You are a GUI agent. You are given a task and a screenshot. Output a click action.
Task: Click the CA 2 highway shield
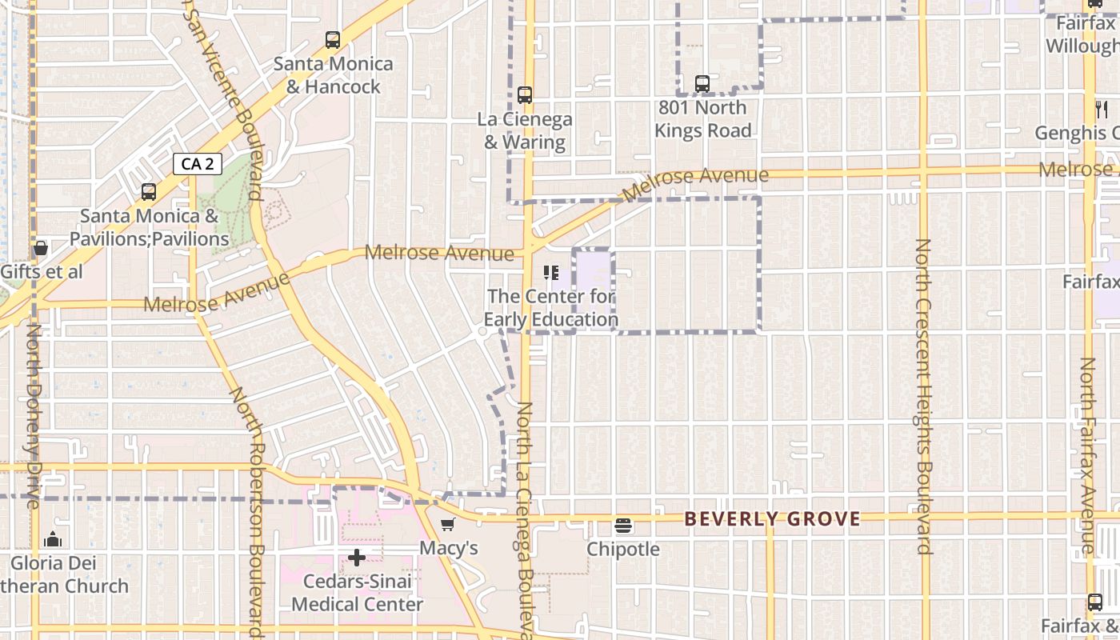click(x=197, y=164)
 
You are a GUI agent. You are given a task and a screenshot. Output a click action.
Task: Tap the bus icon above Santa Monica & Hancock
click(x=332, y=39)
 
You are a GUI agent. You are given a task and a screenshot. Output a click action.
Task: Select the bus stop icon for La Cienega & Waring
click(x=525, y=95)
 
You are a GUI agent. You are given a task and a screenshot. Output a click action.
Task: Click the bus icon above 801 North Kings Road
click(x=702, y=83)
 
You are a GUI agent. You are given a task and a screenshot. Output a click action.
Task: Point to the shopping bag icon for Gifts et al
click(x=41, y=249)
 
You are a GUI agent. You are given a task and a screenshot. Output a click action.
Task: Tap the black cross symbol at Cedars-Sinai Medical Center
click(x=357, y=557)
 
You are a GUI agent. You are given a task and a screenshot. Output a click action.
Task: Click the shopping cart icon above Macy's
click(x=448, y=525)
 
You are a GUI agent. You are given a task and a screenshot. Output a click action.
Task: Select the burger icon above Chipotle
click(x=623, y=526)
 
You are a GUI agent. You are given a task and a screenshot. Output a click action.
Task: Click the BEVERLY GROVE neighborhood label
click(x=772, y=519)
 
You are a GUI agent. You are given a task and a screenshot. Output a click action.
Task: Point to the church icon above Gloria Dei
click(x=54, y=539)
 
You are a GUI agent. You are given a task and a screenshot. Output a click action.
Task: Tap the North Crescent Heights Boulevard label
click(x=923, y=396)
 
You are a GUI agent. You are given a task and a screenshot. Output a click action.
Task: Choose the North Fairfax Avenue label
click(x=1087, y=456)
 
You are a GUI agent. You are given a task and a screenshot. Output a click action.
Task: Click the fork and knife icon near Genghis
click(x=1102, y=110)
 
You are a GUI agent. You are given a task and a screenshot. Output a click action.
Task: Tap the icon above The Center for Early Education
click(x=550, y=273)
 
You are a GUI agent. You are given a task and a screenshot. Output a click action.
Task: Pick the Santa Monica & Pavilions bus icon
click(x=148, y=192)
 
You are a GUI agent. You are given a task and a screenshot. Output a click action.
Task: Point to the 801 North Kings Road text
click(x=703, y=119)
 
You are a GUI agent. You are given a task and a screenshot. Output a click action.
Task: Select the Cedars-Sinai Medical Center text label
click(x=357, y=593)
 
